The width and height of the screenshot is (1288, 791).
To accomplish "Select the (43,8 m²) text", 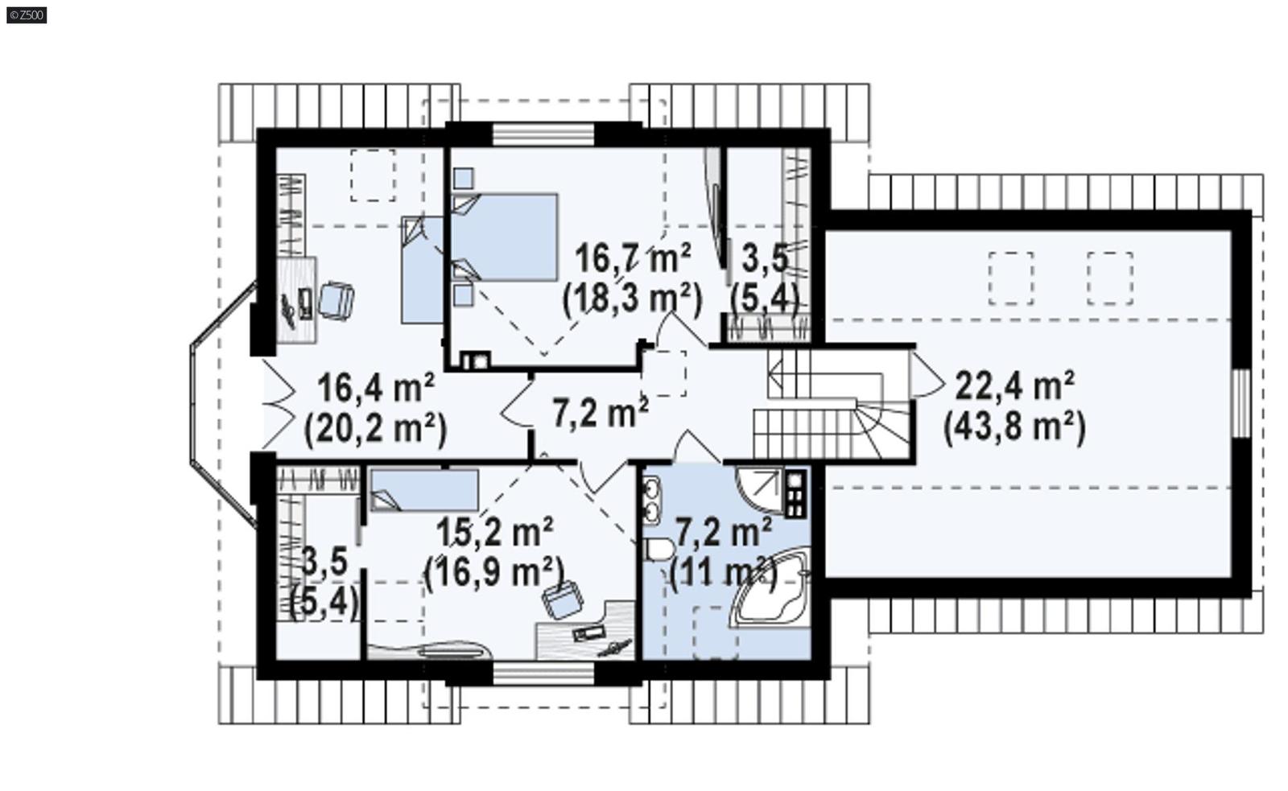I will [x=1014, y=426].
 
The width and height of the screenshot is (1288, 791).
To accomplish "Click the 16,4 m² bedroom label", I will [x=376, y=387].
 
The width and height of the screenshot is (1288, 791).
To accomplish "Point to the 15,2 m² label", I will [x=493, y=532].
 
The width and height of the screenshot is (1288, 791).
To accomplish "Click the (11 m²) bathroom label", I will [x=723, y=573].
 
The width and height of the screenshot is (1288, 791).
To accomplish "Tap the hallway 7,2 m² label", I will [x=601, y=413].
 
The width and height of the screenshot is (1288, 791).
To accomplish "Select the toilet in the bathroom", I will [x=658, y=550].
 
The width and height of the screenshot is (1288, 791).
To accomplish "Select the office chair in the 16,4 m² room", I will [x=336, y=300].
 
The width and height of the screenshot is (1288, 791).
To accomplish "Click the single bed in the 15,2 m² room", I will [x=424, y=490].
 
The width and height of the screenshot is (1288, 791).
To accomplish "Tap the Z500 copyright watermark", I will [x=27, y=14].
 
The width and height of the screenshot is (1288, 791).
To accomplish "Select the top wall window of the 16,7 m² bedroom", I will [x=543, y=134].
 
